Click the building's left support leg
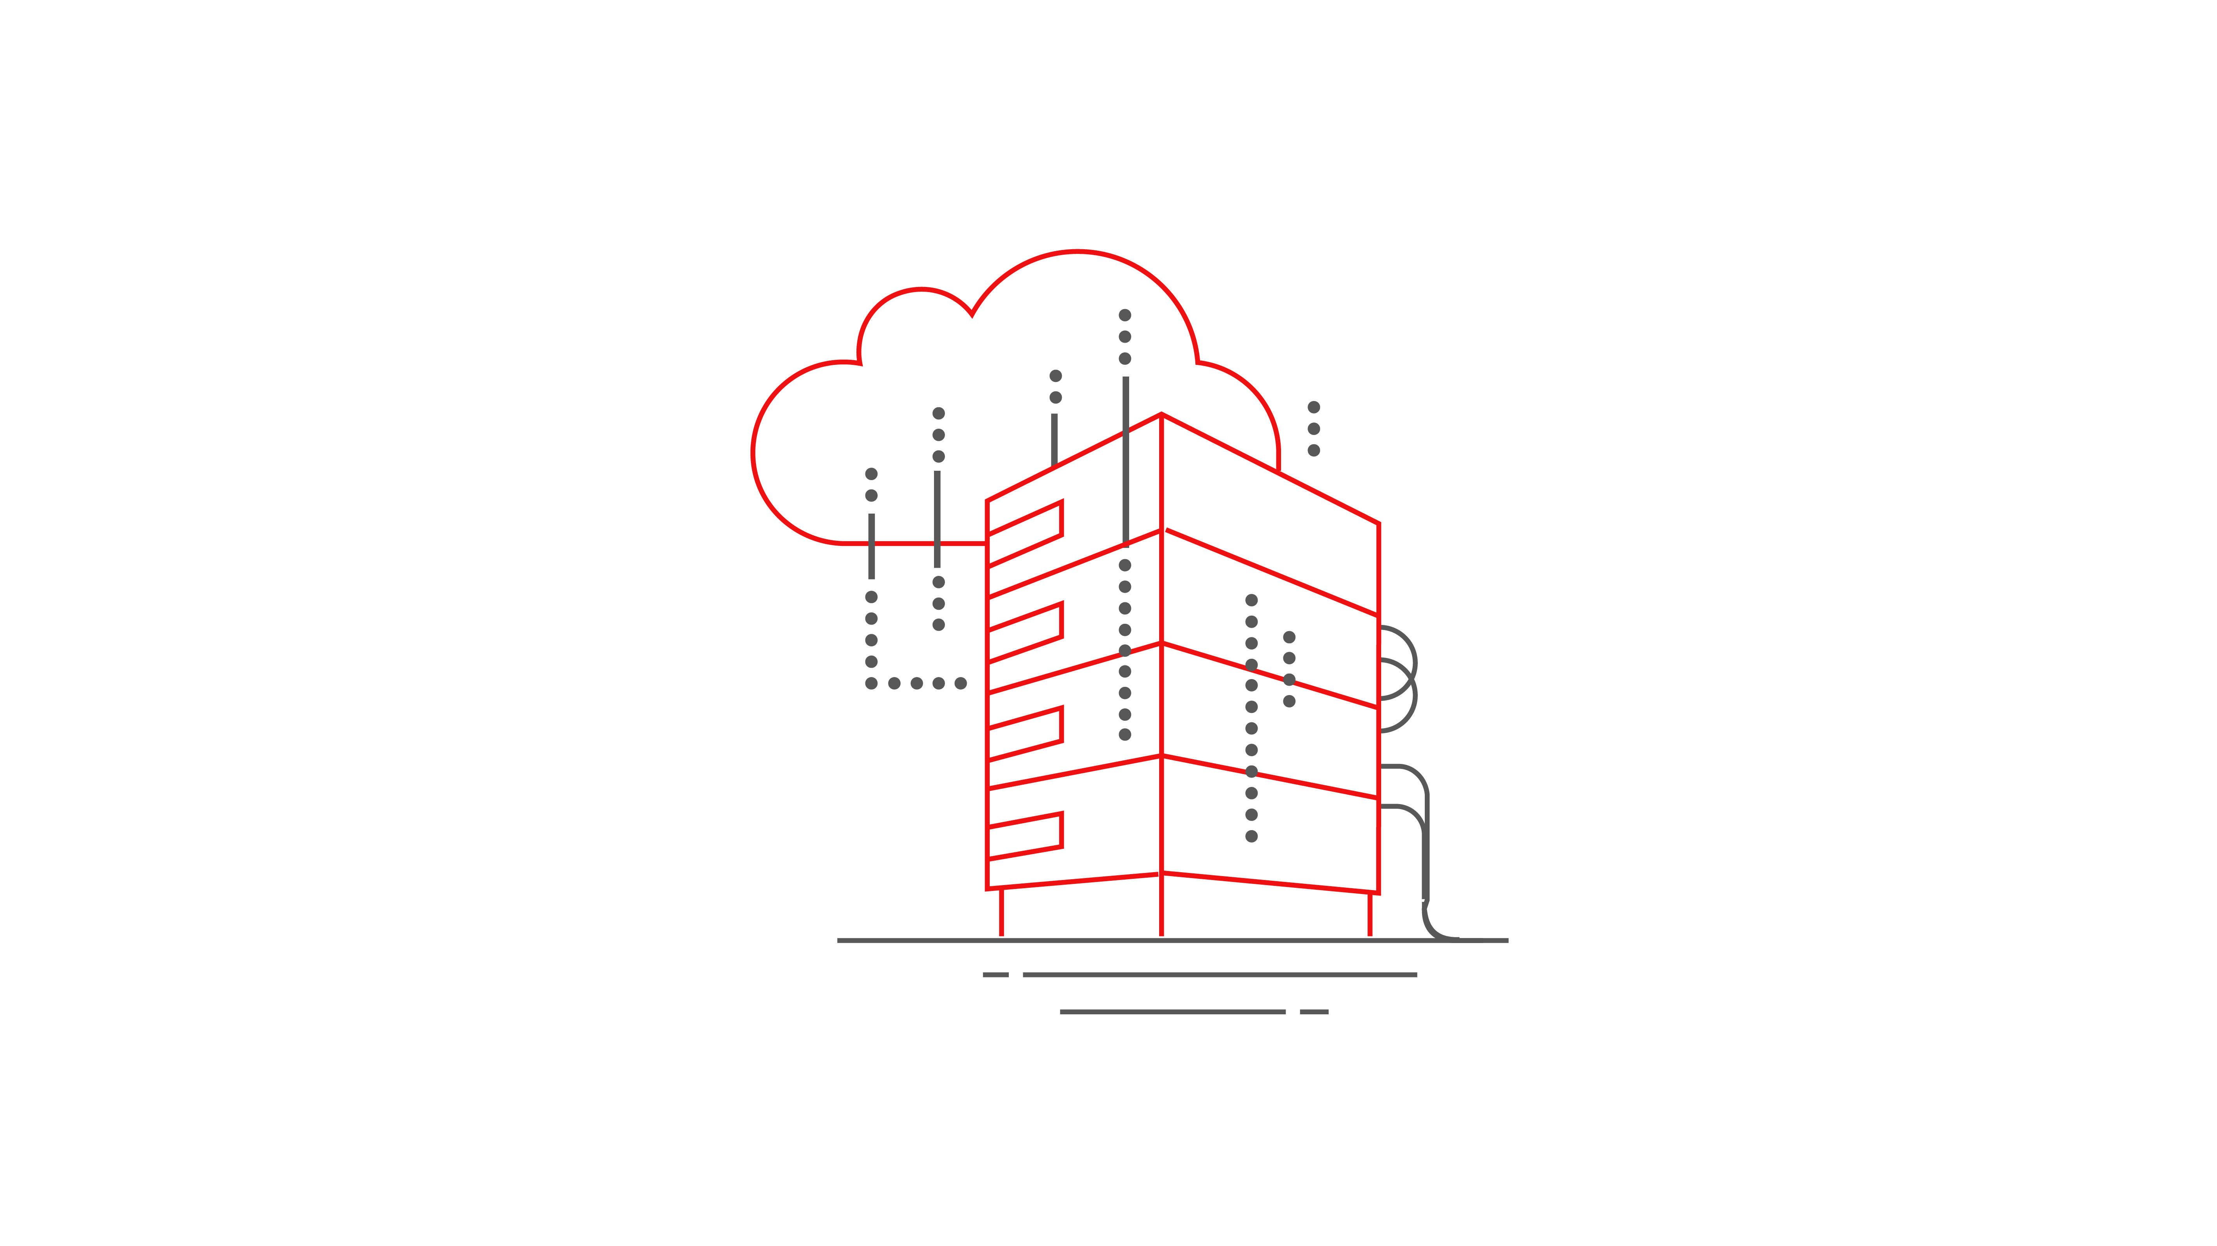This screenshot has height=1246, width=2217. point(1001,912)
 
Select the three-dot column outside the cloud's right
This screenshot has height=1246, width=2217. point(1313,429)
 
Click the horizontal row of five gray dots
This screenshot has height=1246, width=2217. point(916,683)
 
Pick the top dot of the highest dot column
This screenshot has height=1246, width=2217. point(1124,315)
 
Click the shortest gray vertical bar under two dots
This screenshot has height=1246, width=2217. point(1054,439)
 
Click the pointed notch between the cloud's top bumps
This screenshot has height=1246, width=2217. point(972,314)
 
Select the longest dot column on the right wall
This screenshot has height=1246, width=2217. point(1251,718)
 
